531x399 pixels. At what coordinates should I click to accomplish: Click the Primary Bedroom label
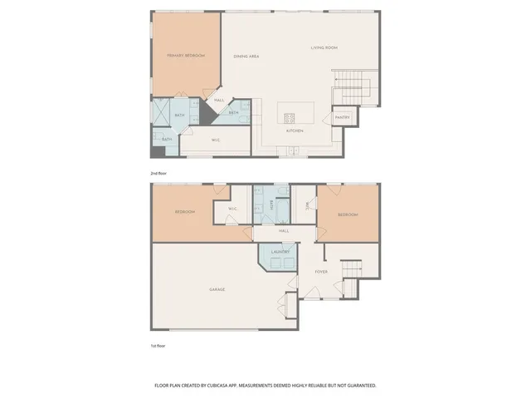pos(186,56)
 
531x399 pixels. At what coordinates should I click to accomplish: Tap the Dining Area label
pos(246,56)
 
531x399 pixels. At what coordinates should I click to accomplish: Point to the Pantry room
pos(343,117)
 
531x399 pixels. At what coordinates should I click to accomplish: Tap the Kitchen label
pos(295,131)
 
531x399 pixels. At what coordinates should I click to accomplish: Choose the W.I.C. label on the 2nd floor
pos(216,140)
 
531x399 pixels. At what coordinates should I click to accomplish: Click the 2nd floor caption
pos(158,173)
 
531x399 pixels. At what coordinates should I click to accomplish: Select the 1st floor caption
pos(158,344)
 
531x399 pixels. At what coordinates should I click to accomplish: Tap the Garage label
pos(217,289)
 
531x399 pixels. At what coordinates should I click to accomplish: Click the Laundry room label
pos(279,251)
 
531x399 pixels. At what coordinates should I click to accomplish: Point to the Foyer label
pos(321,272)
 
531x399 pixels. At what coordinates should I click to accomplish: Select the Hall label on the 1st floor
pos(284,230)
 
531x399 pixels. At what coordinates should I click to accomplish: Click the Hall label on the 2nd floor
pos(219,101)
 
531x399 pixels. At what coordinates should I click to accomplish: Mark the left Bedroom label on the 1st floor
pos(184,212)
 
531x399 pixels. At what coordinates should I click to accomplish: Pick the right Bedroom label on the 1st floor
pos(348,215)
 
